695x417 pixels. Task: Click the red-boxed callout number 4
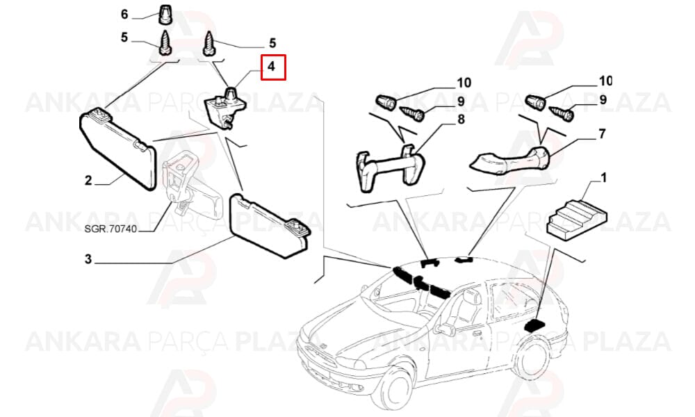click(271, 67)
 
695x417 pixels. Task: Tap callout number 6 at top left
click(124, 14)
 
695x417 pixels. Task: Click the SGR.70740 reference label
click(111, 229)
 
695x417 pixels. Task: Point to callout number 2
click(88, 181)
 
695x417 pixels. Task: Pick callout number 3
click(88, 259)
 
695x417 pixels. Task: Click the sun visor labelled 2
click(118, 149)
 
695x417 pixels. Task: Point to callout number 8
click(461, 120)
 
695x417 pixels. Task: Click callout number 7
click(602, 133)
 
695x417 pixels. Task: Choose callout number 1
click(603, 178)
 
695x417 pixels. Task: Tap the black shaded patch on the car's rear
click(534, 325)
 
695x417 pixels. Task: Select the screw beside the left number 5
click(165, 42)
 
